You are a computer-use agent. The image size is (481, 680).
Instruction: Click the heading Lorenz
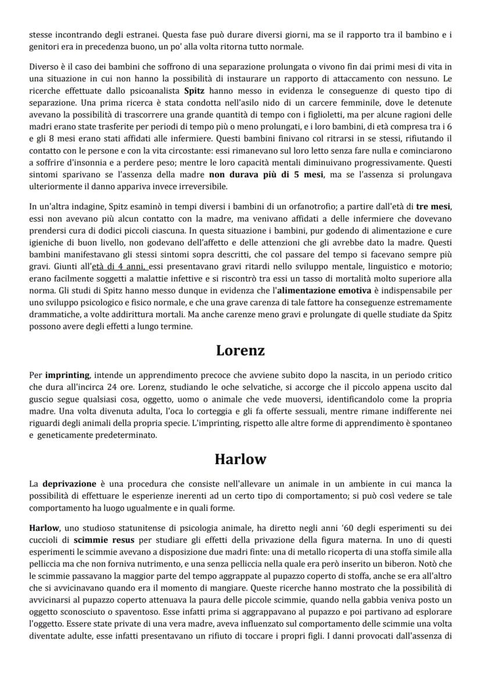pos(240,350)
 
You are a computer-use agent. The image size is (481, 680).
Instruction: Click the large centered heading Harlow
pos(240,459)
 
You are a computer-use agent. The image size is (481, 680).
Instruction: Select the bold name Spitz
pos(195,91)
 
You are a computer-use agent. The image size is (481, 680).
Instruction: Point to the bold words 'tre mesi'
pos(434,207)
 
